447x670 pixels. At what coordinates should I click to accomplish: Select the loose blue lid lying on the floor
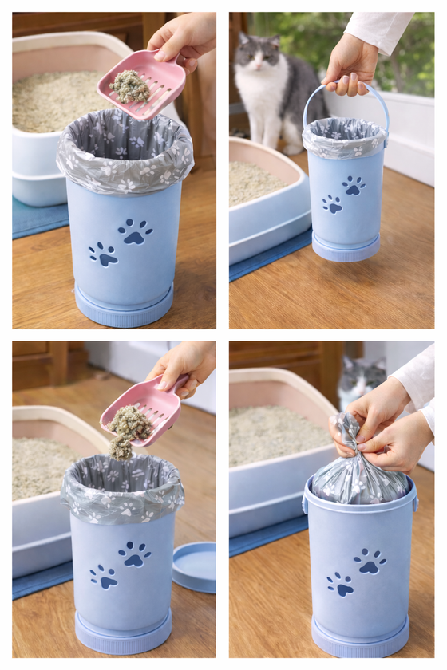pos(194,566)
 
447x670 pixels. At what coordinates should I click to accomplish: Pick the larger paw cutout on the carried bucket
pos(353,185)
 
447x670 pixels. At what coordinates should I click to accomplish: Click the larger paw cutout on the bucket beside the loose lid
pos(135,553)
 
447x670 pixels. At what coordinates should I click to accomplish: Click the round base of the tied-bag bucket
pos(360,638)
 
